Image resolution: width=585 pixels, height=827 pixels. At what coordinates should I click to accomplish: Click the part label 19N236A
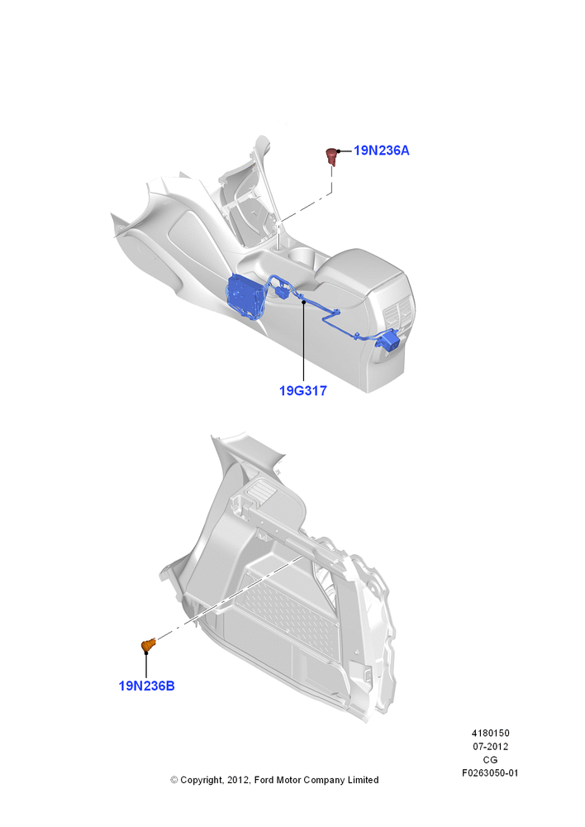tap(381, 151)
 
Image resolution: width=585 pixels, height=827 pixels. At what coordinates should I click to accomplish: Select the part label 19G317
tap(303, 391)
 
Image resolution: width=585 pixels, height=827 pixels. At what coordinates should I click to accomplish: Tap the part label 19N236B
tap(146, 686)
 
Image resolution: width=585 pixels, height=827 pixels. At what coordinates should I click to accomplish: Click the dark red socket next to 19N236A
tap(331, 156)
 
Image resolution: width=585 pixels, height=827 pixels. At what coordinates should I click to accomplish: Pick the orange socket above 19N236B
tap(149, 644)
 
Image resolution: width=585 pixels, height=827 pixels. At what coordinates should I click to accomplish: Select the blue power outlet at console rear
tap(389, 339)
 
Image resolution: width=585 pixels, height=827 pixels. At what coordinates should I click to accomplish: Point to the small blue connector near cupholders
tap(282, 291)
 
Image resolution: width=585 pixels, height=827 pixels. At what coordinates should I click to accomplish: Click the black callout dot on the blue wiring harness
tap(303, 301)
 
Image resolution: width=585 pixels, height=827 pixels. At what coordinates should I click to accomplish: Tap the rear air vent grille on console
tap(399, 315)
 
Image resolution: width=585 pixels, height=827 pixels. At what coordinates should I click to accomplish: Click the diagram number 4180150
tap(490, 733)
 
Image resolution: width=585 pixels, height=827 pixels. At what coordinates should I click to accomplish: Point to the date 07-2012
tap(490, 746)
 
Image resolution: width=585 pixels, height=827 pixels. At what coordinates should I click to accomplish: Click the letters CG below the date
tap(490, 760)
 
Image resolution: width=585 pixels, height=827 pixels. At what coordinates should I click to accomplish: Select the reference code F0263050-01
tap(490, 773)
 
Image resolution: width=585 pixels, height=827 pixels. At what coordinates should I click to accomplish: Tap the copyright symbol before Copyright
tap(174, 780)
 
